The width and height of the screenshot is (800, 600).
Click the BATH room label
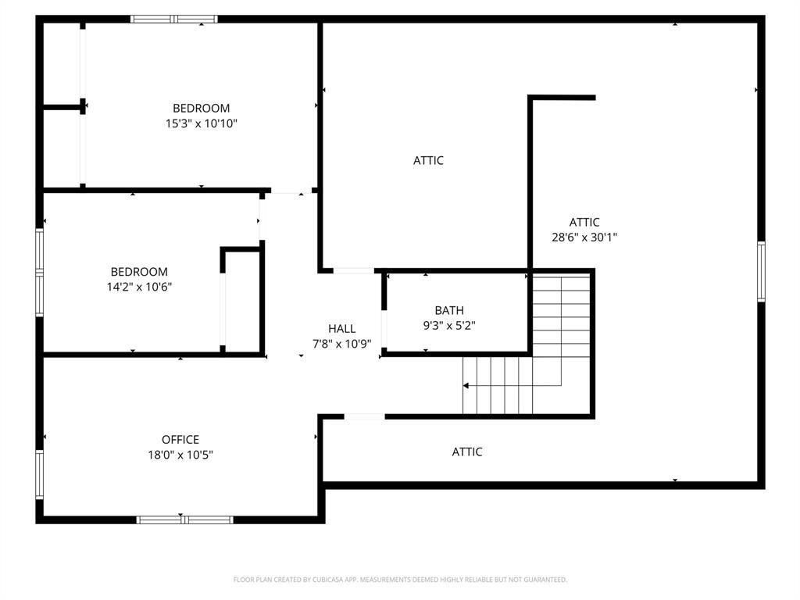[x=449, y=311]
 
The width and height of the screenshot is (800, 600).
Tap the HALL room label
[x=341, y=329]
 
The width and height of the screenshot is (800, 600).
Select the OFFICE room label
[x=180, y=440]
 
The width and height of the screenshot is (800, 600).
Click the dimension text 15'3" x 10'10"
[x=201, y=123]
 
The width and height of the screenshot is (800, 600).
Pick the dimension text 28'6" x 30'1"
[x=584, y=237]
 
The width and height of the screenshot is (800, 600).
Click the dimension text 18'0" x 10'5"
[x=180, y=455]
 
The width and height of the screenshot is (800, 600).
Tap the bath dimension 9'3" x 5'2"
[x=449, y=326]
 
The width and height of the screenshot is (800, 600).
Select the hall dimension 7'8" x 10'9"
[x=341, y=344]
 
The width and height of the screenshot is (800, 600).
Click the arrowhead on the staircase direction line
[x=466, y=386]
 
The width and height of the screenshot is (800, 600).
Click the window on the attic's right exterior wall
[x=761, y=272]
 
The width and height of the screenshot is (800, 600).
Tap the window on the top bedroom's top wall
[x=173, y=19]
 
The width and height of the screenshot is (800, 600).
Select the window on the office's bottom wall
[x=184, y=520]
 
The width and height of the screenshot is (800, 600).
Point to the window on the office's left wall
[x=39, y=474]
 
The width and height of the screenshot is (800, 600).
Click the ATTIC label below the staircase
[x=467, y=452]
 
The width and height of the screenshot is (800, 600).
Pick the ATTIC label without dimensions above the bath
[x=428, y=160]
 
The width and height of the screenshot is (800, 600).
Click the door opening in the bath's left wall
[x=384, y=328]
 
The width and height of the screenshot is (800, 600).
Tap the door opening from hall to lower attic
[x=364, y=416]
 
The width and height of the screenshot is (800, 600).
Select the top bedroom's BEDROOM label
[x=201, y=108]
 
